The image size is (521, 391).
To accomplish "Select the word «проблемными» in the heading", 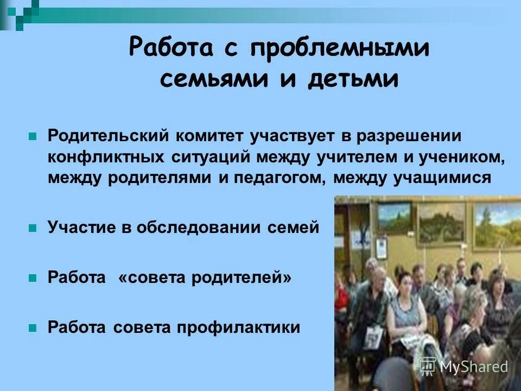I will pos(340,49).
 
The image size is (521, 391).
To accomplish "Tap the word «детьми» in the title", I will pos(353,79).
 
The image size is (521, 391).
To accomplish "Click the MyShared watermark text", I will pos(474,367).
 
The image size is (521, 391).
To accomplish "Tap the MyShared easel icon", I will pos(428,366).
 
